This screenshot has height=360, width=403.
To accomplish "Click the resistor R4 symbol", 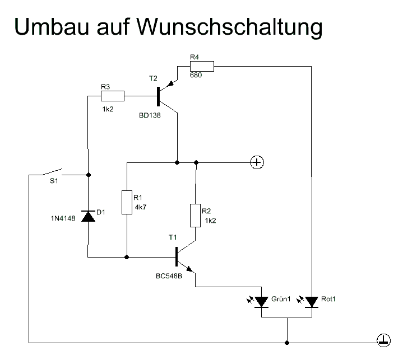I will pyautogui.click(x=202, y=67).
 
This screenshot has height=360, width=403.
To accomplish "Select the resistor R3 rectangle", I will pyautogui.click(x=112, y=96).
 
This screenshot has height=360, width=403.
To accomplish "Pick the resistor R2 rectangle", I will pyautogui.click(x=195, y=216).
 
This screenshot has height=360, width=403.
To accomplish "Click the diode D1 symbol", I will pyautogui.click(x=89, y=216).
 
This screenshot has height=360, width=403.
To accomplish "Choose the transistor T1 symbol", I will pyautogui.click(x=180, y=256).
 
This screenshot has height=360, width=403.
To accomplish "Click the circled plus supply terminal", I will pyautogui.click(x=257, y=162).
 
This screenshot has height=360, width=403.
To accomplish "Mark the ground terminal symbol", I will pyautogui.click(x=383, y=340).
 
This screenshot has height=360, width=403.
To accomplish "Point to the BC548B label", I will pyautogui.click(x=170, y=276).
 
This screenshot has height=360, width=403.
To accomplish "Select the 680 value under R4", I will pyautogui.click(x=196, y=75).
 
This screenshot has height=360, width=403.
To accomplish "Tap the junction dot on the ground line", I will pyautogui.click(x=287, y=341).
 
